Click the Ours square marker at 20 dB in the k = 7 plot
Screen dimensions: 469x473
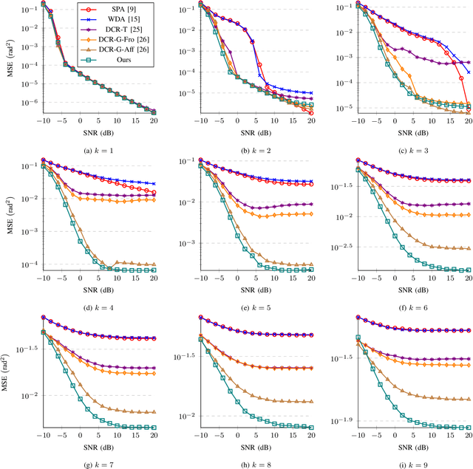pos(154,427)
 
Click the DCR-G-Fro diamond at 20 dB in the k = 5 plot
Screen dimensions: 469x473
pos(310,213)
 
